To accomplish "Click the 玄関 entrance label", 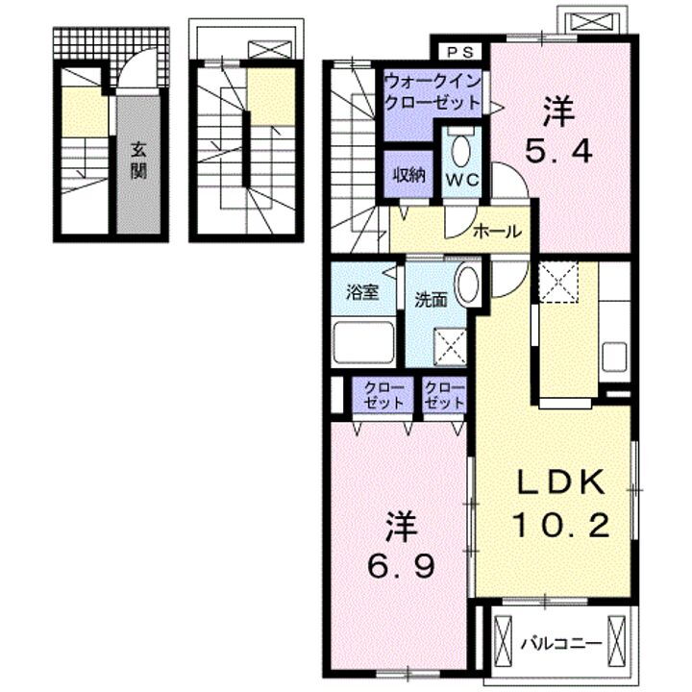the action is [x=138, y=161].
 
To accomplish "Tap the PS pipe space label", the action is [x=460, y=52].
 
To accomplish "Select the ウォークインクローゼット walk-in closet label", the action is [x=432, y=92].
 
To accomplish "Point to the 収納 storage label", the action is [x=408, y=176].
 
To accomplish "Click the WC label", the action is [x=461, y=180].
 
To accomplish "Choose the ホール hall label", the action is [x=497, y=231].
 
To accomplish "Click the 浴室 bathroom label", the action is [x=362, y=292].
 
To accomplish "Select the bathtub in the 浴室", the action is [x=364, y=343].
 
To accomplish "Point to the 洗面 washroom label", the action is [x=431, y=300].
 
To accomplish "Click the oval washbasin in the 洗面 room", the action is [x=468, y=284].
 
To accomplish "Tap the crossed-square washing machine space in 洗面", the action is [x=450, y=347].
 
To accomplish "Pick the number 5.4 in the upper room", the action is [x=557, y=152].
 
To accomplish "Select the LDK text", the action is [x=560, y=482].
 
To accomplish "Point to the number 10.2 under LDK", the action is [x=560, y=525].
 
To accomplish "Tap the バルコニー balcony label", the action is [x=561, y=643].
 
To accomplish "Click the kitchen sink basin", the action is [x=614, y=357].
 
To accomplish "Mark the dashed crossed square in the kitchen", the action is [x=558, y=282].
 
